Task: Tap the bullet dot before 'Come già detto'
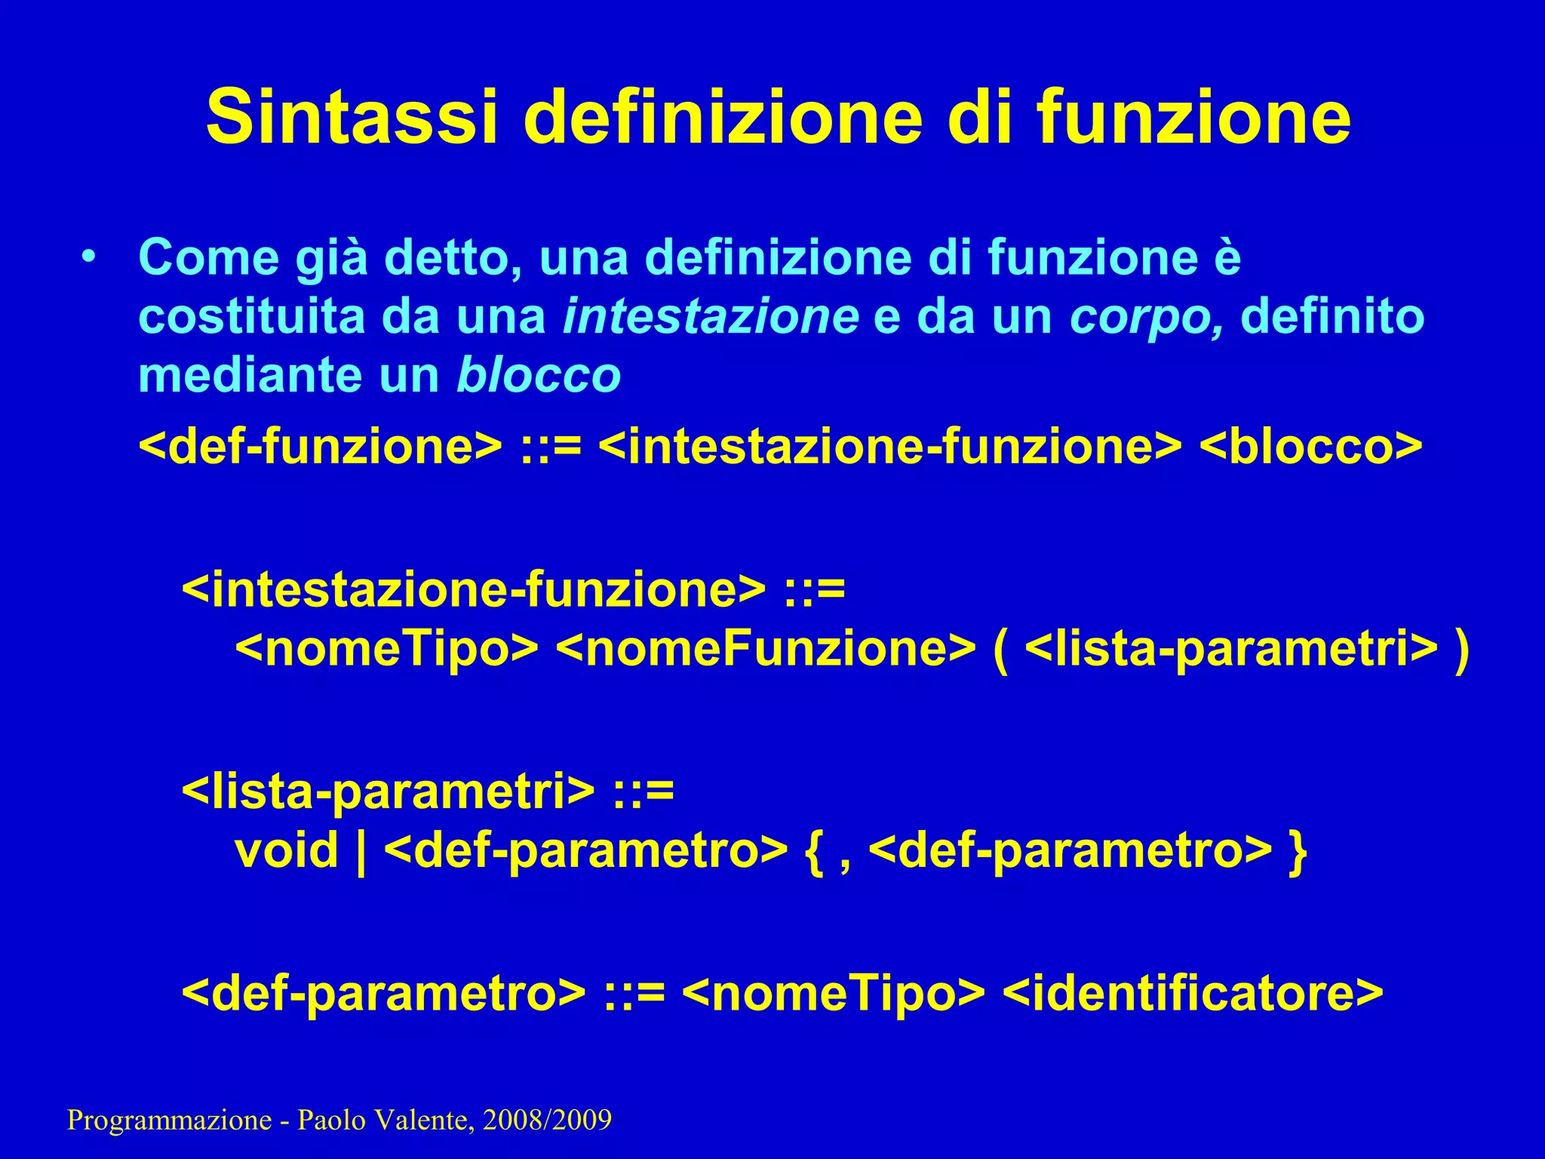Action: [90, 257]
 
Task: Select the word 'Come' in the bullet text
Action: [209, 258]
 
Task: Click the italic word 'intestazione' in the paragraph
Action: [711, 317]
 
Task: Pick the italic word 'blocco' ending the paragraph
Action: [539, 375]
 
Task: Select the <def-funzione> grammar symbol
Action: [320, 447]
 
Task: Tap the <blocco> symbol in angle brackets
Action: [1310, 447]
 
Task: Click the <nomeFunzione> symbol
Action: [766, 649]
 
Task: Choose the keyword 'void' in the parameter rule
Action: [287, 850]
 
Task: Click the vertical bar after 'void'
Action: [361, 852]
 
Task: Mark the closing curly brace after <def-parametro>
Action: [1298, 852]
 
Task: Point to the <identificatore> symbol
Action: [1193, 993]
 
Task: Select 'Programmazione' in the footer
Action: [169, 1121]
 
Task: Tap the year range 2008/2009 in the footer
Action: [547, 1121]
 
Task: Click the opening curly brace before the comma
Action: [814, 852]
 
